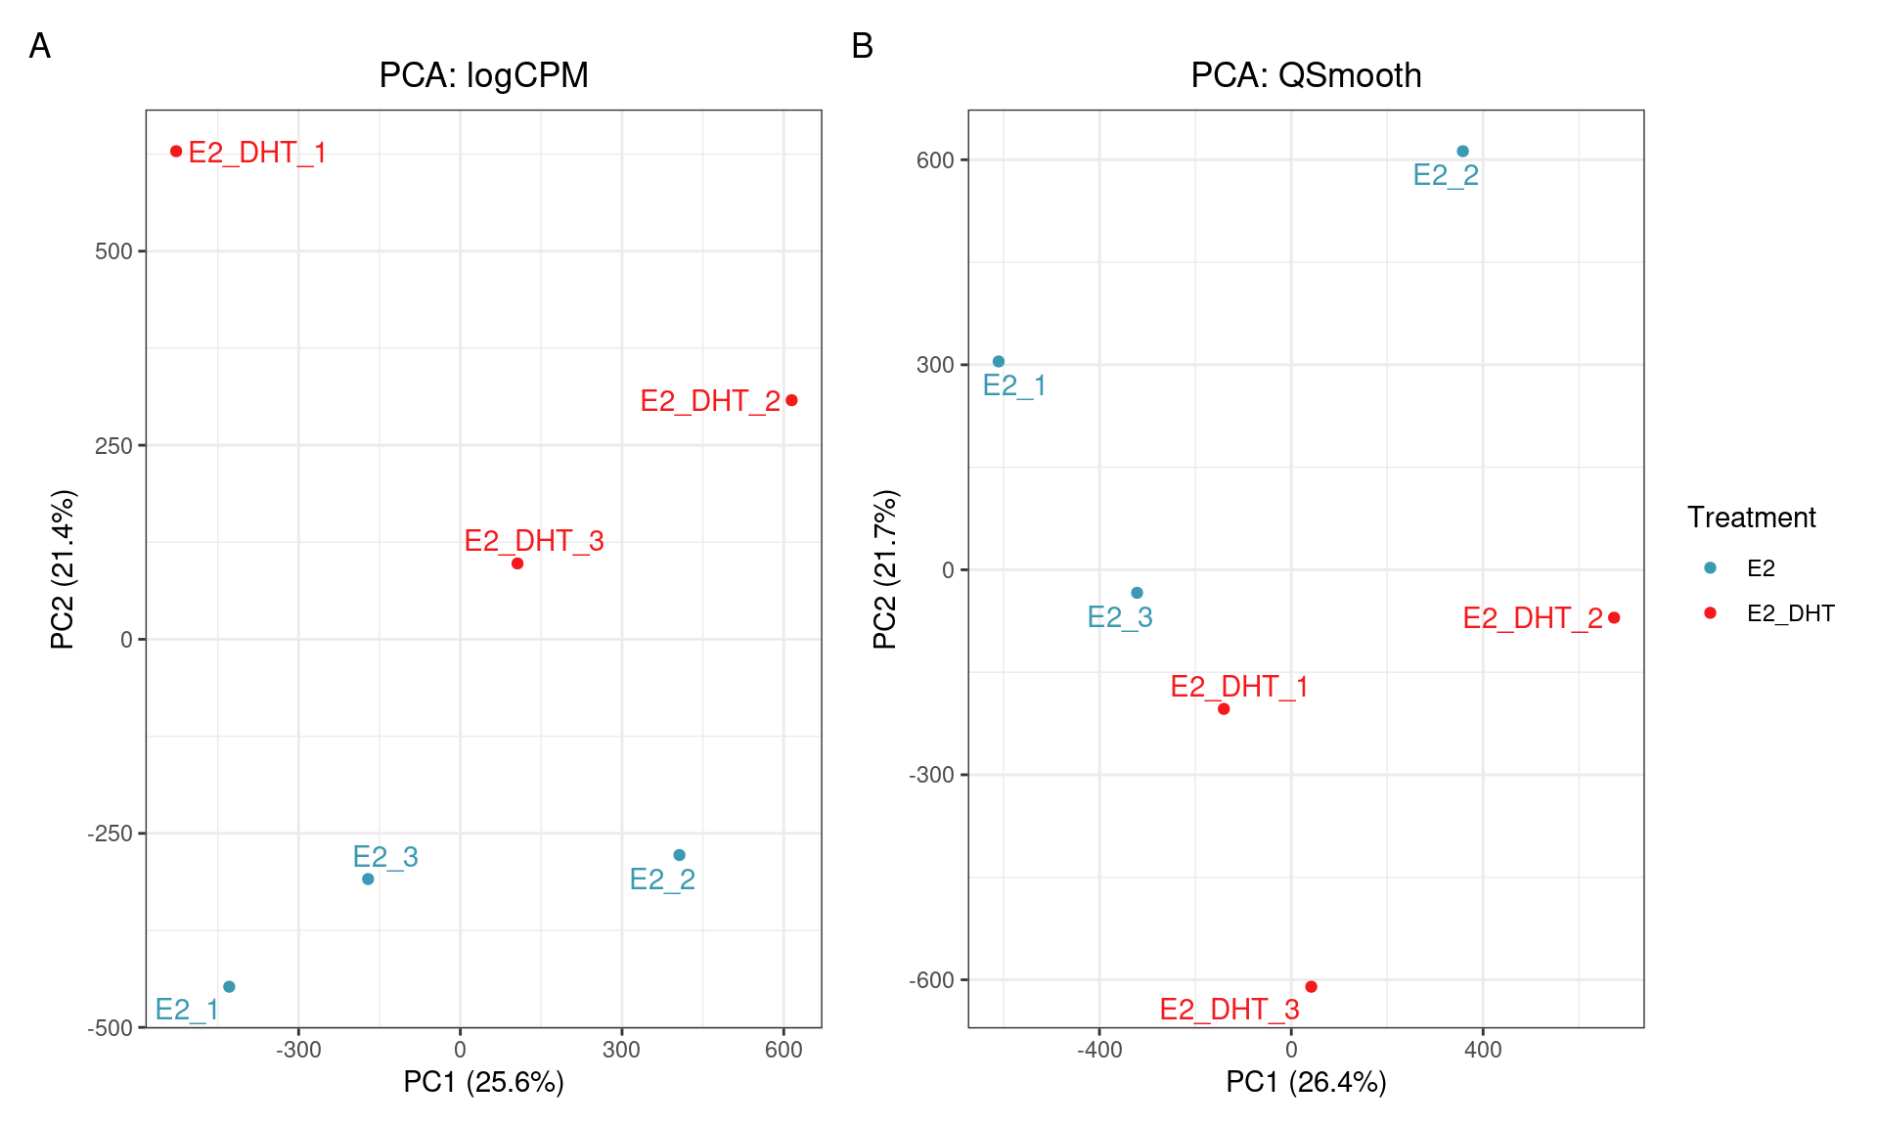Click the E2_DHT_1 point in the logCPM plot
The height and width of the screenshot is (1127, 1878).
[x=176, y=151]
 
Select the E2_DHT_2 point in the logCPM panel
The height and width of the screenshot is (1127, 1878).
[x=791, y=400]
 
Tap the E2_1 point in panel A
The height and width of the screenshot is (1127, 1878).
[x=229, y=986]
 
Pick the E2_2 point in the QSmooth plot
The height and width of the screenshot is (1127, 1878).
[x=1462, y=152]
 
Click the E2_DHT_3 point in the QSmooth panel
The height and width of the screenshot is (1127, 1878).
[x=1311, y=986]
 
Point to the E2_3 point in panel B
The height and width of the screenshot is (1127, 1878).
[x=1137, y=593]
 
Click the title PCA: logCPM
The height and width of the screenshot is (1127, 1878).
[x=483, y=75]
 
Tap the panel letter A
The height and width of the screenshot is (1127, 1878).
[x=40, y=46]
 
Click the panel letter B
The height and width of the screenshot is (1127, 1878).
[x=862, y=46]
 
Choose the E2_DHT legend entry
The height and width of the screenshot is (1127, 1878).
[x=1790, y=613]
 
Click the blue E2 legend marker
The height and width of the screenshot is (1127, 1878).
[x=1710, y=567]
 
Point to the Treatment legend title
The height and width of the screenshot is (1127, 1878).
[x=1751, y=518]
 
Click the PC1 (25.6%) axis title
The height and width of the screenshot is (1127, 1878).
[x=483, y=1082]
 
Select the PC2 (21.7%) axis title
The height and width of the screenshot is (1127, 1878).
[x=885, y=569]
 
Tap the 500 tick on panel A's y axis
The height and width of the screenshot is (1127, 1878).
[x=112, y=251]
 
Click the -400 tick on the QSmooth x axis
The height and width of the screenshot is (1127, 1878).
[x=1098, y=1051]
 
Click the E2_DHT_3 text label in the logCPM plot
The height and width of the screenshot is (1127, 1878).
[x=533, y=541]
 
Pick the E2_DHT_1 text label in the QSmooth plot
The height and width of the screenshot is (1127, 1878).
[x=1238, y=687]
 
